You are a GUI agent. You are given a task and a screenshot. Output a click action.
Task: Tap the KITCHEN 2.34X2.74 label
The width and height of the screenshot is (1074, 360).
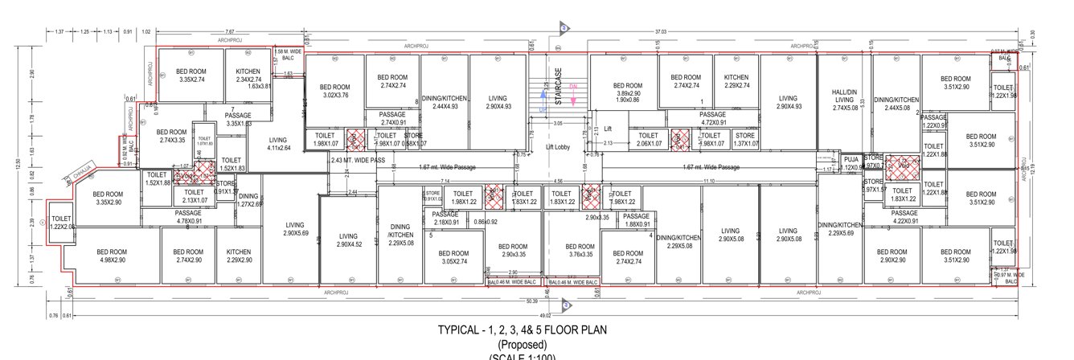[243, 76]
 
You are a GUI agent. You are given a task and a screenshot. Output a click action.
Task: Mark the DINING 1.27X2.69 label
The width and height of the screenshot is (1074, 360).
[248, 200]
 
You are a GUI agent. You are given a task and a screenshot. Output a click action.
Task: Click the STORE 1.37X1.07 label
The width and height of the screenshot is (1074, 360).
[744, 140]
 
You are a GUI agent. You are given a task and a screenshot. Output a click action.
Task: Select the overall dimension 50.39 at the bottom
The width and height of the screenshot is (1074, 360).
[531, 301]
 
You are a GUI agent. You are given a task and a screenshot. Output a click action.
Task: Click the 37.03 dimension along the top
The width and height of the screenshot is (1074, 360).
[660, 31]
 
